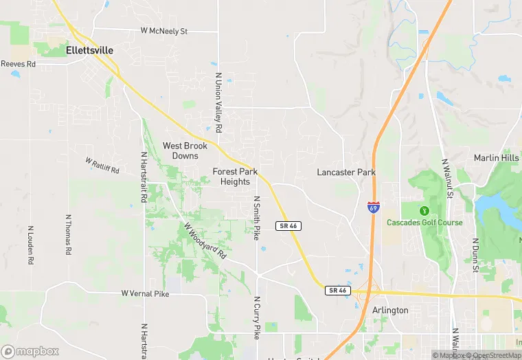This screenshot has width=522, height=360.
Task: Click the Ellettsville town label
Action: [89, 50]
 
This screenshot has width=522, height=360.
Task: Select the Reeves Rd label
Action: [17, 63]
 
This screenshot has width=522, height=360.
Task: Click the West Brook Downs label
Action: [185, 150]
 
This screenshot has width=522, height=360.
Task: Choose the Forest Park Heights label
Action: [235, 177]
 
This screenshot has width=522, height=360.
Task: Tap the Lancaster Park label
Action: [346, 172]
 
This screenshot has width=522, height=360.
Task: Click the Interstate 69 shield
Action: [372, 207]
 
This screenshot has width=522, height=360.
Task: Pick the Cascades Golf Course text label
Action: [424, 223]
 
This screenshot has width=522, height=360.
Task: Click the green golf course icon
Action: [424, 210]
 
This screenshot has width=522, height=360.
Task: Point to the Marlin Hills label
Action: [497, 158]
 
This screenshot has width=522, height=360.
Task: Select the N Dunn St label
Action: [475, 255]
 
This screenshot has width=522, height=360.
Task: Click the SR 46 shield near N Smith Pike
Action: [288, 225]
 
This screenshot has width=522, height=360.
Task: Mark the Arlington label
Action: [390, 311]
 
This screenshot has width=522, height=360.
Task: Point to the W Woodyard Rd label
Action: [205, 240]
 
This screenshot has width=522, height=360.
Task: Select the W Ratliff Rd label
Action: [102, 165]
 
